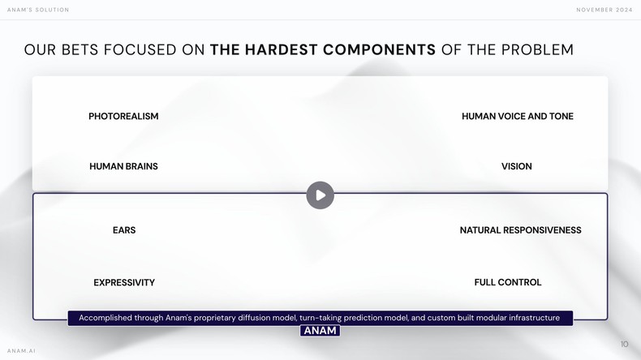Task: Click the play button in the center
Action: click(x=320, y=195)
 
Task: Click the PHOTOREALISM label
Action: click(x=123, y=116)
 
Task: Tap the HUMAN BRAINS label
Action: click(x=123, y=166)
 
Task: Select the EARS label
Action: click(x=124, y=230)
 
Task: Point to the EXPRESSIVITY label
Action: click(x=124, y=282)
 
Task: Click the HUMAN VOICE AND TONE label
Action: click(x=517, y=116)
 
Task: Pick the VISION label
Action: click(x=517, y=166)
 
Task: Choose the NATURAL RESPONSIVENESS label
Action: click(x=520, y=230)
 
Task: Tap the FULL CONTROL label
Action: click(x=508, y=282)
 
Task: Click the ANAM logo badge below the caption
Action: click(x=320, y=331)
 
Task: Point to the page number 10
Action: click(x=624, y=344)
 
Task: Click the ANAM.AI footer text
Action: click(x=21, y=350)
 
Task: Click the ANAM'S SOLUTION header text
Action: click(x=38, y=10)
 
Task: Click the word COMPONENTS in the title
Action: click(x=379, y=49)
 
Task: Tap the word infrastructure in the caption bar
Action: click(x=529, y=318)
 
